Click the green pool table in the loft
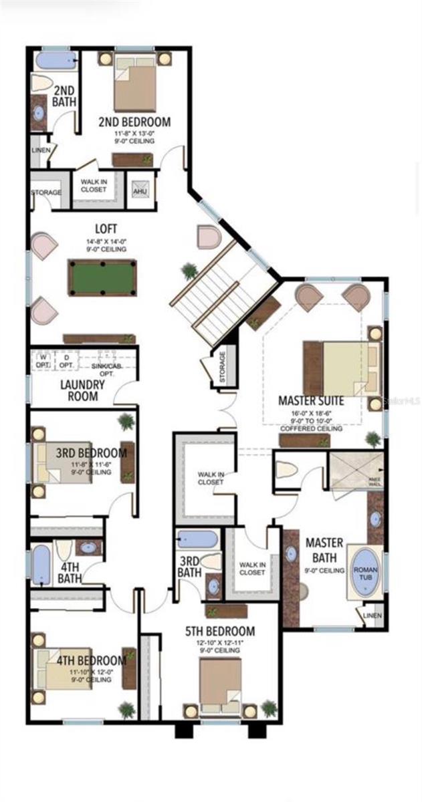102,277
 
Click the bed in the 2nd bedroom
134,83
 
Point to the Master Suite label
311,401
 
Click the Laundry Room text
82,390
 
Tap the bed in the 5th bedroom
220,682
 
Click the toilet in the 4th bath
64,549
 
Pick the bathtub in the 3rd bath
198,539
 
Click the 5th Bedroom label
220,631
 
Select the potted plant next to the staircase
189,271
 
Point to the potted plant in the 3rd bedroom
125,421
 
